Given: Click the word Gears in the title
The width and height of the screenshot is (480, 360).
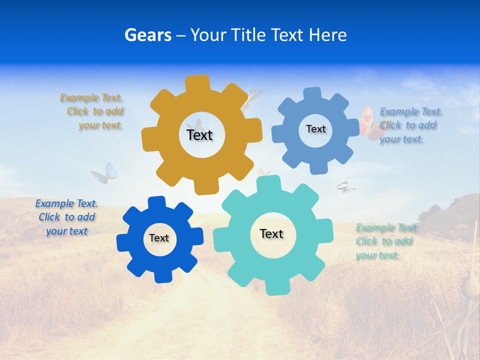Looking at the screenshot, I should coord(147,35).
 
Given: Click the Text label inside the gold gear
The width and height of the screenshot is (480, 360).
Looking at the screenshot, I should coord(199,135).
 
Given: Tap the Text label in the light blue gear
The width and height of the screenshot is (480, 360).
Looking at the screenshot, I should coord(315,129).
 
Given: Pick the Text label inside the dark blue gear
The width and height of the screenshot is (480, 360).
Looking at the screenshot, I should coord(159,238).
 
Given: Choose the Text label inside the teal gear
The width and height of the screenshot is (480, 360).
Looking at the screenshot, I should coord(271,234).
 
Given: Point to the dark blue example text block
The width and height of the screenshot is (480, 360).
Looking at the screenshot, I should coord(66,217).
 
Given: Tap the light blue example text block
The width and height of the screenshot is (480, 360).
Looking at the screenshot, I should coord(409,125).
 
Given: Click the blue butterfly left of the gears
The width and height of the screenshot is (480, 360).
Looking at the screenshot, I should coord(105,173).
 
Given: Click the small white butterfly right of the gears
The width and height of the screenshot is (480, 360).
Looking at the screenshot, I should coord(345,187).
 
